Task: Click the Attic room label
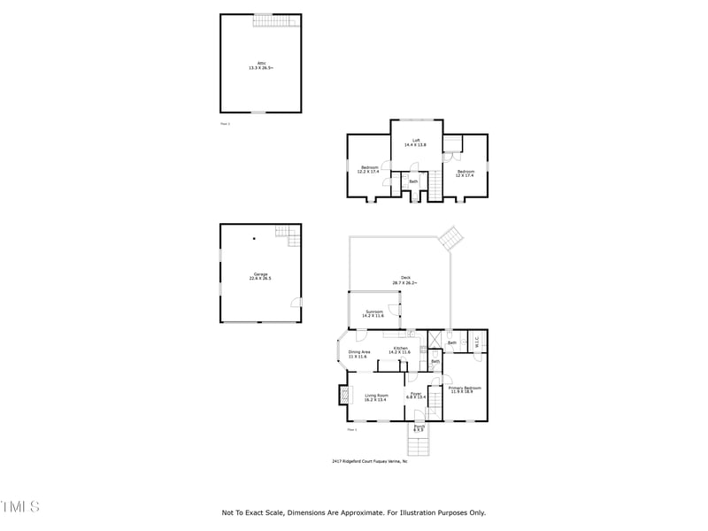coord(260,65)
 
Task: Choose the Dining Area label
coord(358,354)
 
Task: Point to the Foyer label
coord(416,396)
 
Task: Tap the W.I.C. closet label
coord(475,340)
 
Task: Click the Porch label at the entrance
coord(419,427)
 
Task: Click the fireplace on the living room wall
coord(342,395)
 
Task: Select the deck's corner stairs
coord(452,237)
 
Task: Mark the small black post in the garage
coord(254,238)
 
